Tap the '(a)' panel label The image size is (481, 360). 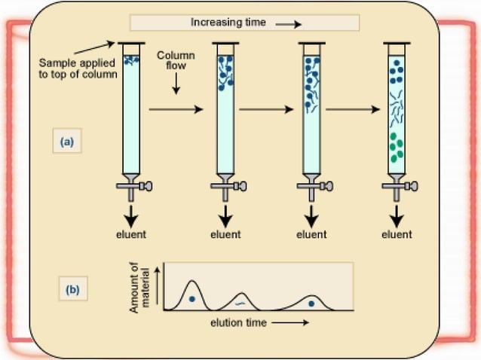click(x=67, y=141)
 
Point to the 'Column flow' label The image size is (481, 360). click(x=176, y=62)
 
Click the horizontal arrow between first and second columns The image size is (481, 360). click(x=176, y=110)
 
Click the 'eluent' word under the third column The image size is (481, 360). click(x=311, y=234)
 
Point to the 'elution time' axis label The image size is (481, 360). click(x=239, y=322)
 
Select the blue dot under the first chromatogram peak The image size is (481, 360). click(x=192, y=299)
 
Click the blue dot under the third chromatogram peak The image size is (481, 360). click(x=311, y=304)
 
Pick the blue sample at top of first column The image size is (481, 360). click(x=131, y=58)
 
